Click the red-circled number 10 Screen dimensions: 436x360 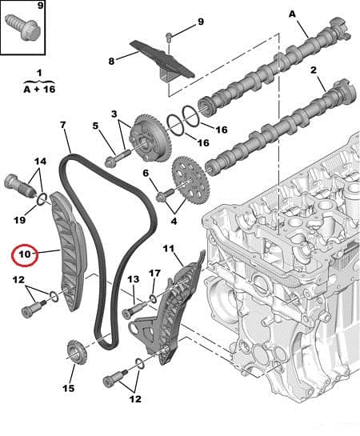tap(23, 255)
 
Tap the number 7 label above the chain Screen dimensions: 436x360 tap(62, 125)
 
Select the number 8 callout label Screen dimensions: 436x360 tap(113, 59)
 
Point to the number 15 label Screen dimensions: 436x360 tap(68, 388)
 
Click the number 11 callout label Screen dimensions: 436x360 tap(167, 250)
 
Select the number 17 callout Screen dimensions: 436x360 tap(154, 274)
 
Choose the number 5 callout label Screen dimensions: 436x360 tap(96, 126)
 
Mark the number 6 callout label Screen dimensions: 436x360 tap(146, 173)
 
